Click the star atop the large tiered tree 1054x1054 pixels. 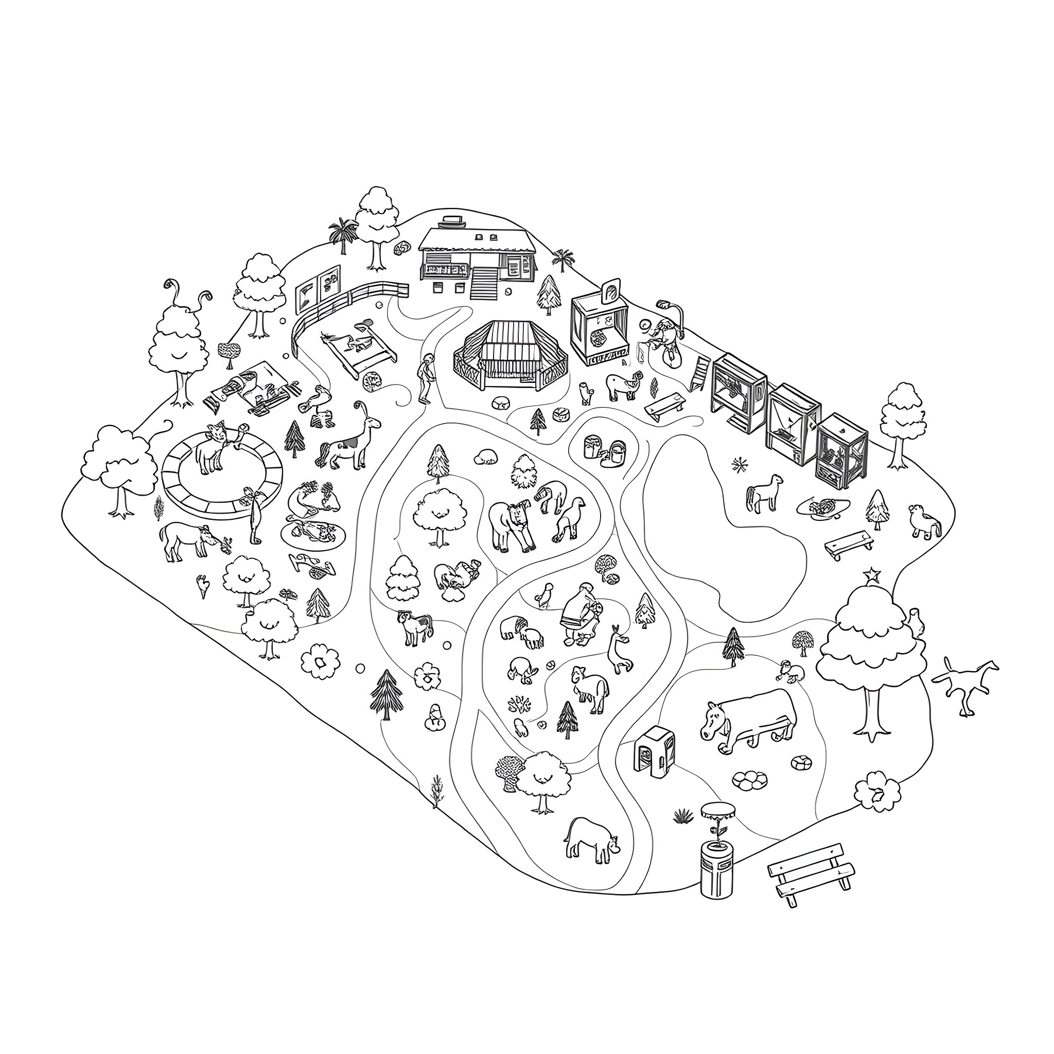872,574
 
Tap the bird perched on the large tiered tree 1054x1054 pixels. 916,622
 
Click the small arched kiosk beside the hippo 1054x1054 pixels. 654,751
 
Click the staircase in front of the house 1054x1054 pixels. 484,284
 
